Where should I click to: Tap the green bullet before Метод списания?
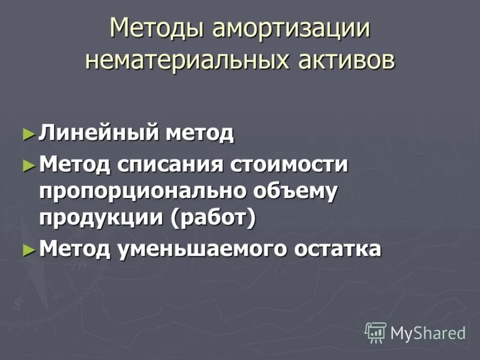click(27, 163)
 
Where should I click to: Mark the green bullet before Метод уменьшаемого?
click(27, 248)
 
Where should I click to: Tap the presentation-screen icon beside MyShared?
click(376, 332)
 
